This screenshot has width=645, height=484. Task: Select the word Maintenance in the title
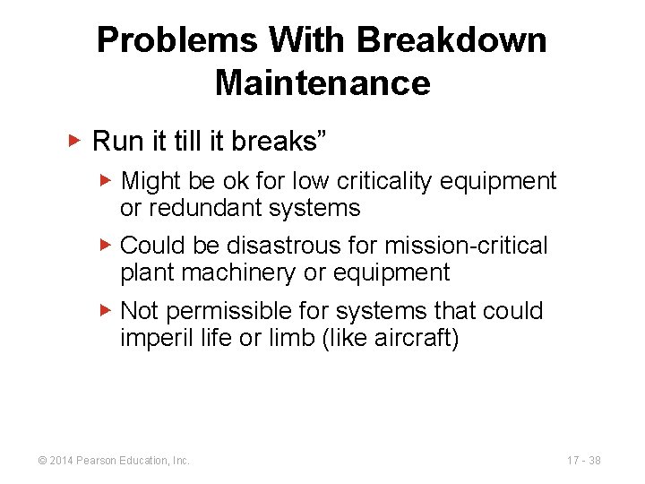322,83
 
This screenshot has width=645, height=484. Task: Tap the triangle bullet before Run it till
75,141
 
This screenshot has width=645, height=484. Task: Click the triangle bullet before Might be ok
106,181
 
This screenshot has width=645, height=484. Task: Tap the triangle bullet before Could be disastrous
106,245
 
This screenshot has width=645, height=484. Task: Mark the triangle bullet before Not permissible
106,310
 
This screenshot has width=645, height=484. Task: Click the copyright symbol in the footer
41,461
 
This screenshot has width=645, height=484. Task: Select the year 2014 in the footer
60,461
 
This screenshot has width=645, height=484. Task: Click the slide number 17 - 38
584,461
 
